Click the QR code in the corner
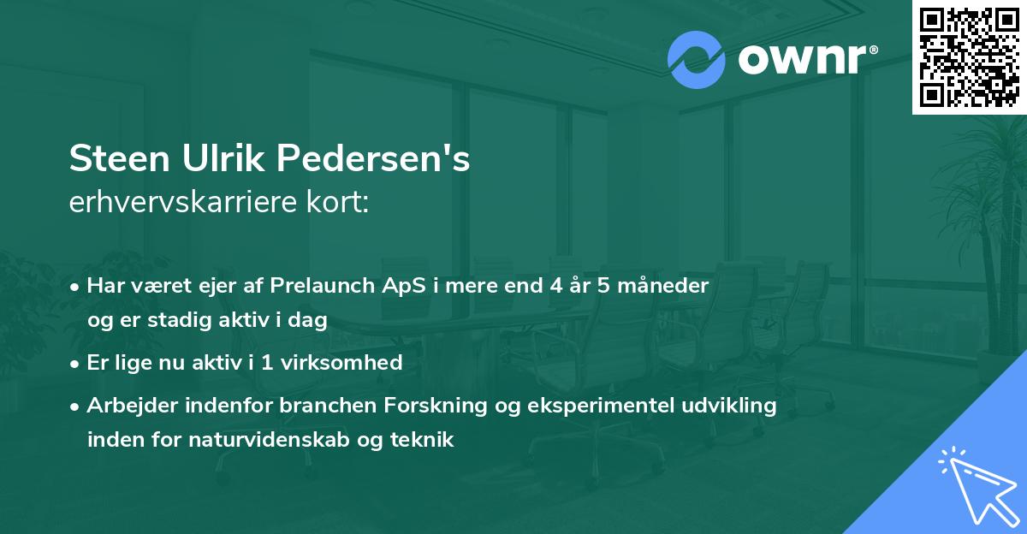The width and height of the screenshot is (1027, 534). (x=969, y=56)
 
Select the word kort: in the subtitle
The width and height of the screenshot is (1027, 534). (x=341, y=203)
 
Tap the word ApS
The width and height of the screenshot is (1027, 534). (x=401, y=286)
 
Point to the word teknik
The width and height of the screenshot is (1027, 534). (x=424, y=440)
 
